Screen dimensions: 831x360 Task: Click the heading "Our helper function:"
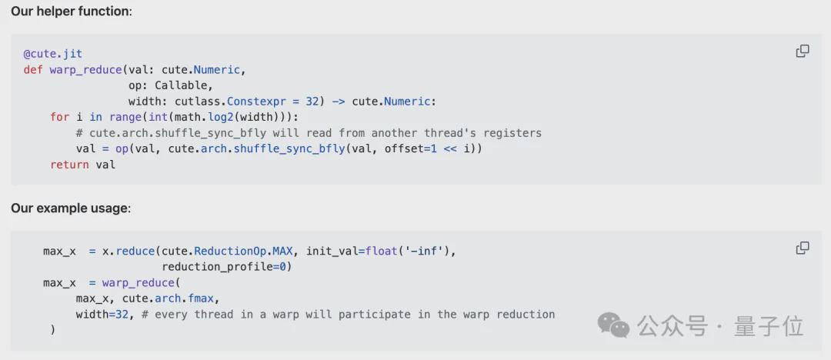(x=71, y=12)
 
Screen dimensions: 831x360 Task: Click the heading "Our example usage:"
(x=71, y=208)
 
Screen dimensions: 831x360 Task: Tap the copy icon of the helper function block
(x=803, y=52)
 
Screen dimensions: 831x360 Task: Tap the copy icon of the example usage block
(x=803, y=248)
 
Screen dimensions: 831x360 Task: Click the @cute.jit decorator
(x=53, y=54)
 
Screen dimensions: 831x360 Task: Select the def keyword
(x=33, y=70)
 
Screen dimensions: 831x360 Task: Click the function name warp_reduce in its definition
(x=86, y=70)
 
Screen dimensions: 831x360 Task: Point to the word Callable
(x=184, y=85)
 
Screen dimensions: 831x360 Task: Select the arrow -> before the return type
(x=338, y=102)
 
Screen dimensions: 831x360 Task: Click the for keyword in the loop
(x=60, y=117)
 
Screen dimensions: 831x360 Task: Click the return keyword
(x=69, y=165)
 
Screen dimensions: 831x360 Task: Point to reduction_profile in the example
(x=217, y=266)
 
